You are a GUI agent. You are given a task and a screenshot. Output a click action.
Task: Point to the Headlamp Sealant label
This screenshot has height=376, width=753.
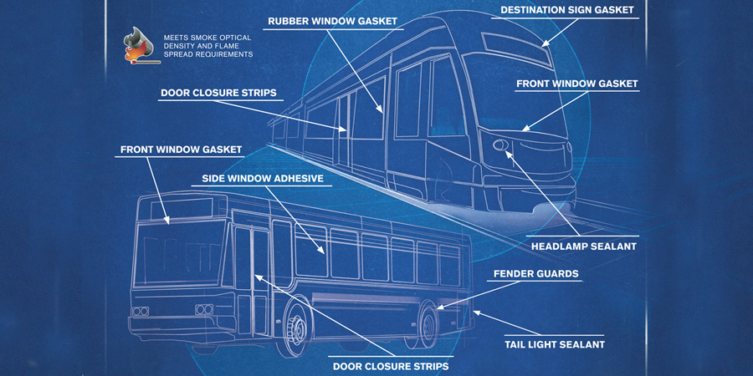coord(583,246)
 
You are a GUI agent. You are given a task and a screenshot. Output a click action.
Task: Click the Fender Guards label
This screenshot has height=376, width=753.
coord(535,273)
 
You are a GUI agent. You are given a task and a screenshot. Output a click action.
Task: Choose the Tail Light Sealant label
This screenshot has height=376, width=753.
coord(554,343)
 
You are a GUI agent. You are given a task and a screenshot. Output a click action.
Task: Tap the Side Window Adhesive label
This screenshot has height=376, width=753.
coord(262,178)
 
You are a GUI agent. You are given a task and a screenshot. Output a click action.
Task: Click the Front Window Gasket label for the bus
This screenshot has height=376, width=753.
coord(181,150)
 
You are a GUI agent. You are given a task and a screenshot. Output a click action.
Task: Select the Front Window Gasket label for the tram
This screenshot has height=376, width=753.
coord(576,84)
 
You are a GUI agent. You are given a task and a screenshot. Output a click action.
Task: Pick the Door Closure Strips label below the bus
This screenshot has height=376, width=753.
coord(391,366)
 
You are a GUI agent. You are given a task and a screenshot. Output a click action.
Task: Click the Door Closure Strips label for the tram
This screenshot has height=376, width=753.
coord(218,92)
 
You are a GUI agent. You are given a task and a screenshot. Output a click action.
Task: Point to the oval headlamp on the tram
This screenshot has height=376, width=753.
coord(501,146)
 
